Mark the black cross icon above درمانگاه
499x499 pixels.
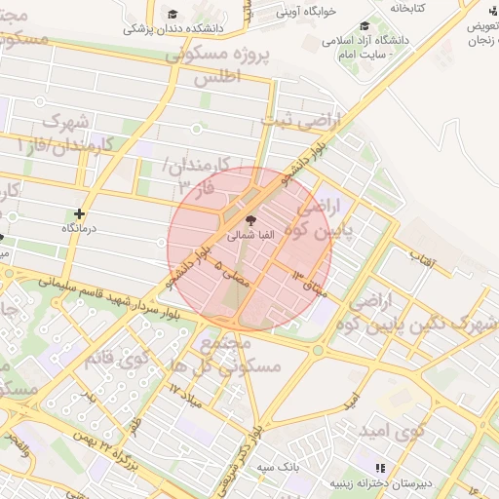[x=79, y=212]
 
